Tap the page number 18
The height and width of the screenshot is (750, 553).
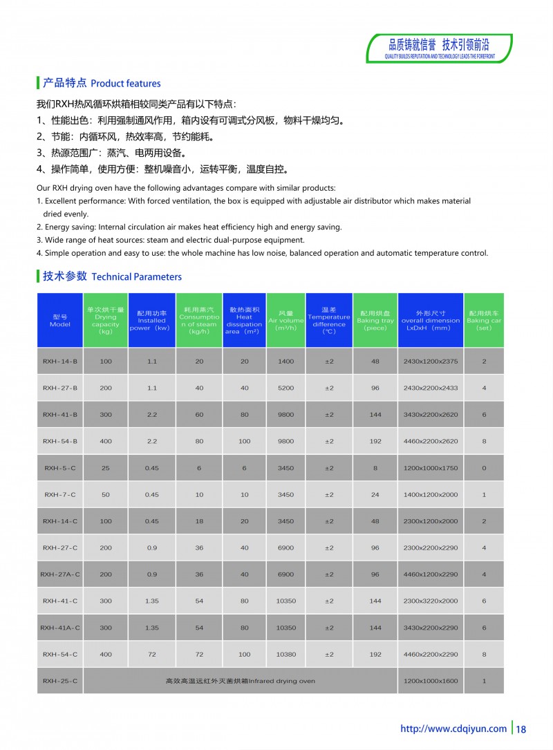(x=521, y=729)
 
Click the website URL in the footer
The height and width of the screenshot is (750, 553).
(x=453, y=729)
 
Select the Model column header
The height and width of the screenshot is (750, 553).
(x=60, y=321)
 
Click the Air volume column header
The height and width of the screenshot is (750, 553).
(x=285, y=321)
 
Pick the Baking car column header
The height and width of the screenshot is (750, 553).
(x=484, y=321)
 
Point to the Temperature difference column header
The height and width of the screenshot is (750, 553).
(x=329, y=321)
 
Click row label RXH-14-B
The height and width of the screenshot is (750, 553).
(x=60, y=362)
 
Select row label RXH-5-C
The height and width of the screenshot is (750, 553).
(x=60, y=468)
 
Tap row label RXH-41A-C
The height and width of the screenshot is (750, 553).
(x=60, y=628)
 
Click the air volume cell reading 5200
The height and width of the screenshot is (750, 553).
(x=285, y=388)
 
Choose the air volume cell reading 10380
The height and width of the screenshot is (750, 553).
(x=285, y=654)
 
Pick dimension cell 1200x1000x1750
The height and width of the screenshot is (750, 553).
(x=431, y=468)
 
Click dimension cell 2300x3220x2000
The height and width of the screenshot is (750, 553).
(x=431, y=601)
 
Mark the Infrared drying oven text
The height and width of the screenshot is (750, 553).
(x=240, y=681)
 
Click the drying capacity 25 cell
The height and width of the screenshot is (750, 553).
(x=106, y=468)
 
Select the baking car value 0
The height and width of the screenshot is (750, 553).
(x=484, y=468)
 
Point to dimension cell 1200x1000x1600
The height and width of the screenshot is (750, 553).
(x=431, y=681)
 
